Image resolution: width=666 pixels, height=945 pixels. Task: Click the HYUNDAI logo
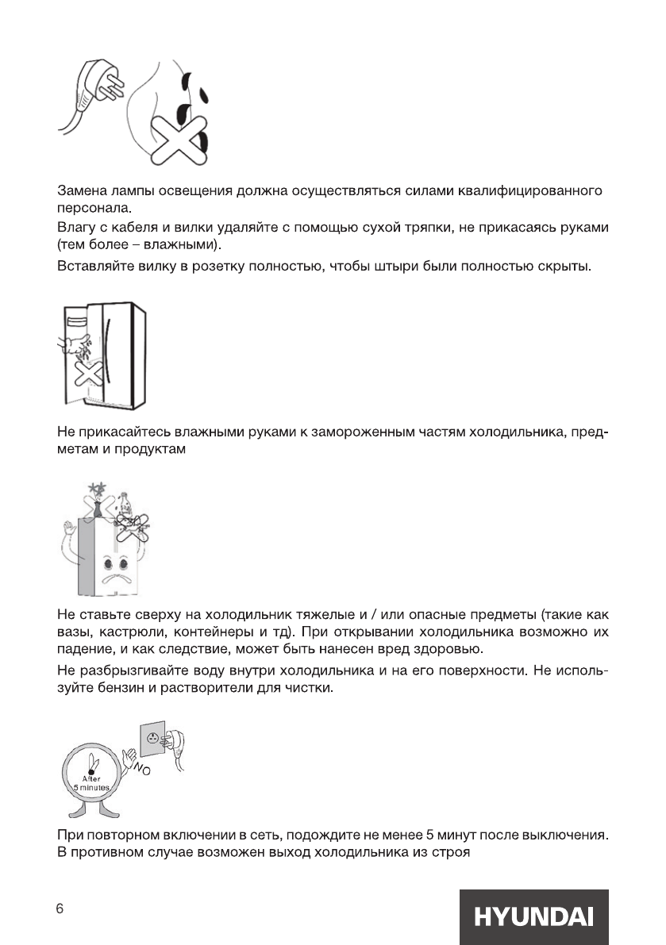(533, 917)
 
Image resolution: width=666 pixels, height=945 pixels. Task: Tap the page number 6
(60, 909)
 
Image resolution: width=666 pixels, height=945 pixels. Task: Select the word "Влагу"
(75, 229)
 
